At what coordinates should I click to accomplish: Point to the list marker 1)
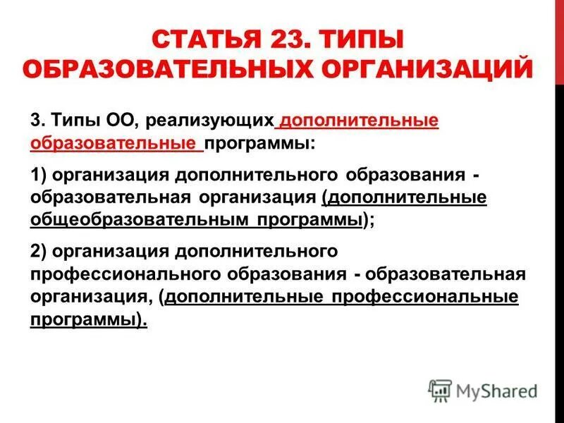click(x=39, y=174)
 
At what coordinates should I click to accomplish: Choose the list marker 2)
click(x=39, y=251)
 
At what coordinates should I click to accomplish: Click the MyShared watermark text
click(x=497, y=391)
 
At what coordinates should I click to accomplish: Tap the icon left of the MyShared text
click(x=440, y=390)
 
